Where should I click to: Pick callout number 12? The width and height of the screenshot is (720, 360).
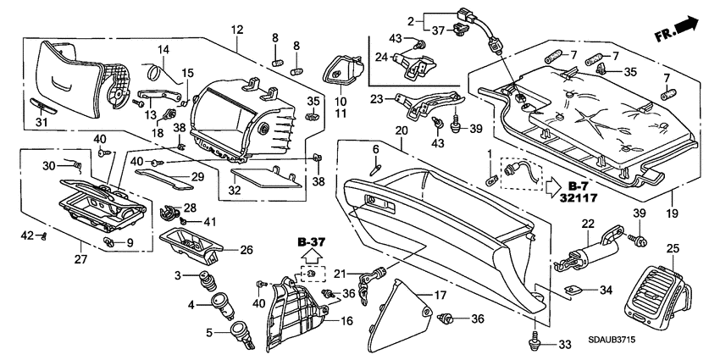click(235, 30)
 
